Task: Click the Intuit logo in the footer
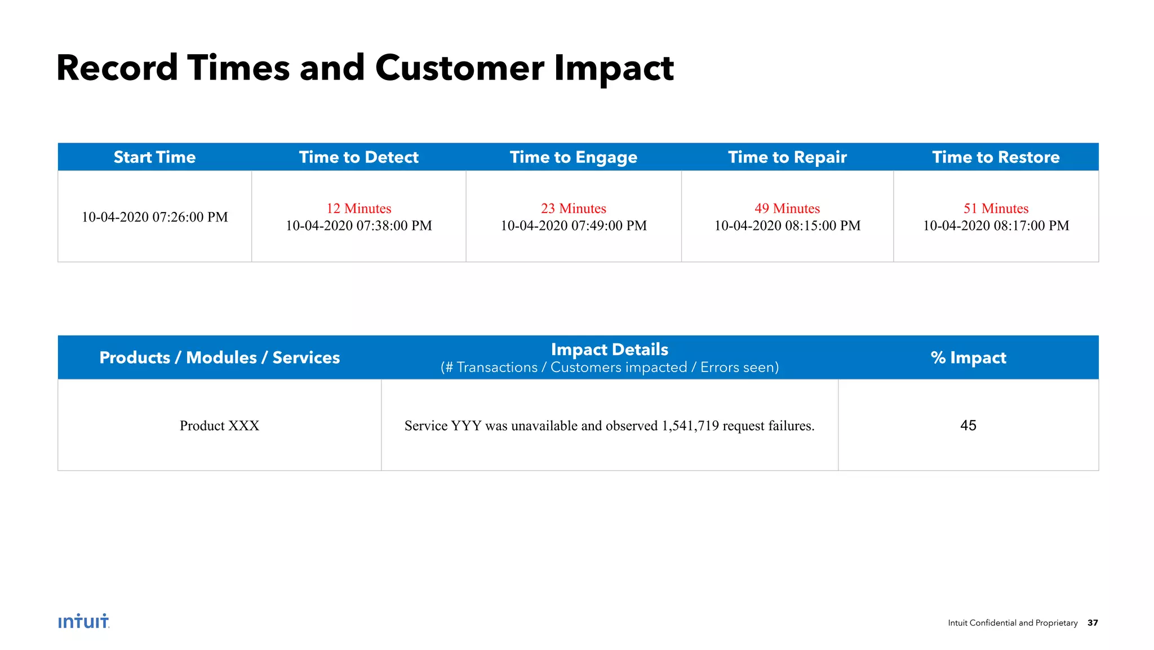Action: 83,621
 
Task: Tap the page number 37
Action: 1093,623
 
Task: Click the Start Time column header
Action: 154,157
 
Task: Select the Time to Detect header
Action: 358,157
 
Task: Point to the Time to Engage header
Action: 573,157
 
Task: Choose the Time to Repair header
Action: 787,157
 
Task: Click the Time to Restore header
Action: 996,157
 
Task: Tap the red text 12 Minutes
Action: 358,209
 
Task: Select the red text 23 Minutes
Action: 573,209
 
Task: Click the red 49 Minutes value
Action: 787,209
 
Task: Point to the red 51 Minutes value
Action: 996,209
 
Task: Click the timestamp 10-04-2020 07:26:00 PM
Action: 154,217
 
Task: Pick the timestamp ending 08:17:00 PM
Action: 996,225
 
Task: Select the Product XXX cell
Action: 219,426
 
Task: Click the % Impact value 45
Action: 968,426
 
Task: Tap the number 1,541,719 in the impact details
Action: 690,426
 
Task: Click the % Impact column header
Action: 968,357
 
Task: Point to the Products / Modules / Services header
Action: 219,357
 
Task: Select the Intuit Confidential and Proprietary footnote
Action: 1013,623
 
